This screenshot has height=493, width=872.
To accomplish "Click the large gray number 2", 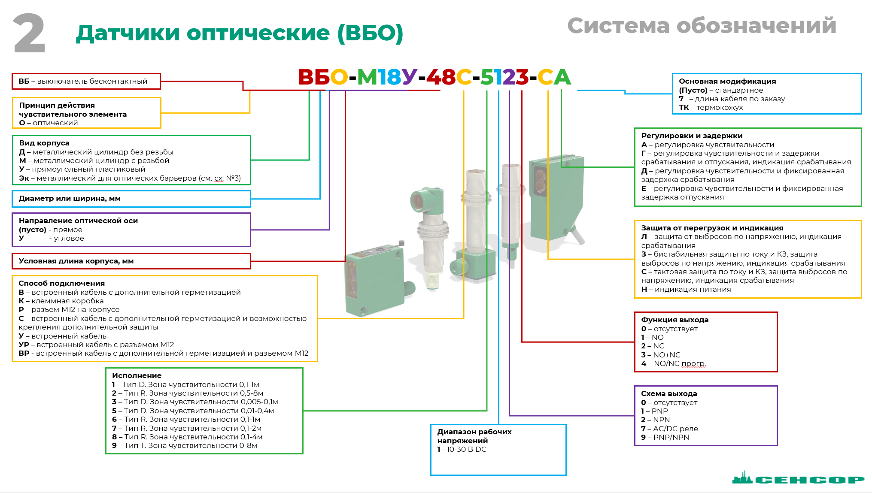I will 29,33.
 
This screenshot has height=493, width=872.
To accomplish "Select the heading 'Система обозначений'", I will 702,26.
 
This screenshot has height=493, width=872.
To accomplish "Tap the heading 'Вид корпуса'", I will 44,143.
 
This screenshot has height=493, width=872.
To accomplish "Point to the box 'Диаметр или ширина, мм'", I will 131,199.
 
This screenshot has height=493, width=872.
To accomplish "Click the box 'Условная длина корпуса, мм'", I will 131,261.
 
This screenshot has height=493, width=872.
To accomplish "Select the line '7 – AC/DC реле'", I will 669,429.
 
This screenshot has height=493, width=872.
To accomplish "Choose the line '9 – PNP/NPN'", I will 665,437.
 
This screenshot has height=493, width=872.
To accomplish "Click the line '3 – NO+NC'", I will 661,355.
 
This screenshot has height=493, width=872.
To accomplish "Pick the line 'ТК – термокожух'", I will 711,107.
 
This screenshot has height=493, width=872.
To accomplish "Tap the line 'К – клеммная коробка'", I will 61,301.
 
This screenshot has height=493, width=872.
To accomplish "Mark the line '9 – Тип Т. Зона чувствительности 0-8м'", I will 185,445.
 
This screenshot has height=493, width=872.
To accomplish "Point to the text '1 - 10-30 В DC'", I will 462,449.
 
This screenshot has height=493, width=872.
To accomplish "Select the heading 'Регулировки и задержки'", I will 692,136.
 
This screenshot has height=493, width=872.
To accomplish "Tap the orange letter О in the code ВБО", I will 339,78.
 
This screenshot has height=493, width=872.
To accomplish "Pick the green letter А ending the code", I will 562,78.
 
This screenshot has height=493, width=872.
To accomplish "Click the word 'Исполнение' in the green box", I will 137,375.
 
